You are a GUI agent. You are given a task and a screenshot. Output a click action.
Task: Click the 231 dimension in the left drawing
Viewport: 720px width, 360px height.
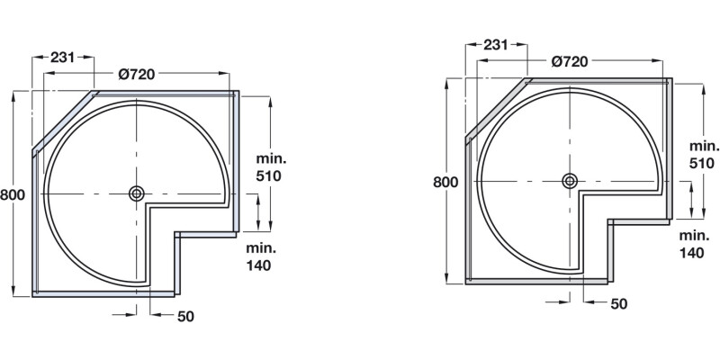click(62, 56)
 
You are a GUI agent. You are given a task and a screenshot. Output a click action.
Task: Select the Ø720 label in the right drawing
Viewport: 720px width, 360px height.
click(569, 61)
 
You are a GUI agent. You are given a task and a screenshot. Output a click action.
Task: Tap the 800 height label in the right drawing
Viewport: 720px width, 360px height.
click(445, 181)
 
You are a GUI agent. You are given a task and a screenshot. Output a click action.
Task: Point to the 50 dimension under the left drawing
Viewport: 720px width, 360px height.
click(186, 316)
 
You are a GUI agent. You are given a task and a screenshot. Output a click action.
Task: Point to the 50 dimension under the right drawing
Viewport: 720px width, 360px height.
click(619, 304)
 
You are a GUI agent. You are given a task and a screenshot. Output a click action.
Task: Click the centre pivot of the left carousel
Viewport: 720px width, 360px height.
click(136, 193)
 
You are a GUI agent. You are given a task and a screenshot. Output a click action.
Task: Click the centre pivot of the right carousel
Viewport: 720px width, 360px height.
click(569, 181)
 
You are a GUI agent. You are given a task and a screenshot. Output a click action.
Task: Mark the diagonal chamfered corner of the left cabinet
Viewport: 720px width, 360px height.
click(64, 121)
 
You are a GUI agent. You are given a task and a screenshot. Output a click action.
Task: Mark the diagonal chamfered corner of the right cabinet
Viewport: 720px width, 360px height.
click(497, 109)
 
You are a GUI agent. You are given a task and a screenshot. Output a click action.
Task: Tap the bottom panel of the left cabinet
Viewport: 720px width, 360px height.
click(103, 292)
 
